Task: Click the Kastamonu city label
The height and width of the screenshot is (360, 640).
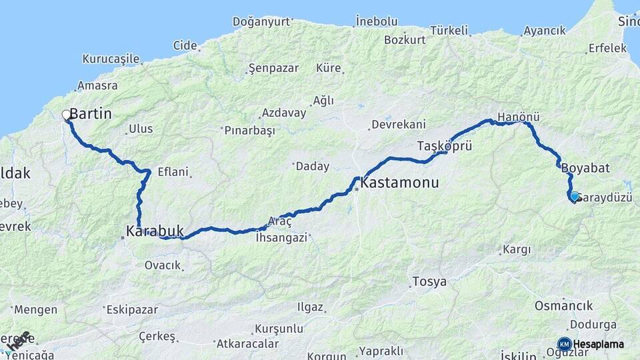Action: point(400,182)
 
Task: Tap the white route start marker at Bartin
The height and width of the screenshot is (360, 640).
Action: point(67,115)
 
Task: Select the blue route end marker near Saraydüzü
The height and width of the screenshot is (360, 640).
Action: point(574,196)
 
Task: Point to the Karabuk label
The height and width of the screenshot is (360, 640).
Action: point(154,231)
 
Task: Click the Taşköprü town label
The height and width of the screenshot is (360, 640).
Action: point(445,145)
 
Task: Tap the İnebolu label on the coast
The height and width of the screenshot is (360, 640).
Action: point(377,21)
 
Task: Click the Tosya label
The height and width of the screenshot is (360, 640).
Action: point(429,281)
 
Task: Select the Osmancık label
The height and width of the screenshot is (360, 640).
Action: point(563,306)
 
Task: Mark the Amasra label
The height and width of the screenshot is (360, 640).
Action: point(97,85)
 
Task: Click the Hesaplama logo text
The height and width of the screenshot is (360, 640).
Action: point(599,345)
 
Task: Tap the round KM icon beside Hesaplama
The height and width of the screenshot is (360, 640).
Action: point(564,345)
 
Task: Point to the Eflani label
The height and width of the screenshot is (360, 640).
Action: point(173,171)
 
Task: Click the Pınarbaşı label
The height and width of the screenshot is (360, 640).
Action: point(249,131)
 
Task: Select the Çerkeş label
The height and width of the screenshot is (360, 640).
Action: point(157,337)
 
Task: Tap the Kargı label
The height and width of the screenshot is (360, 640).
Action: point(516,250)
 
